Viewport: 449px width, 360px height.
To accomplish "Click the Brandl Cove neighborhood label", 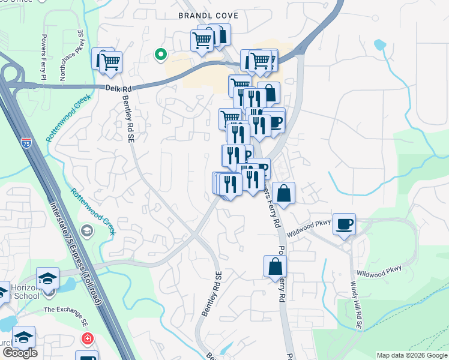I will pyautogui.click(x=208, y=16).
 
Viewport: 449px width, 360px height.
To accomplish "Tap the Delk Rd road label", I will pyautogui.click(x=118, y=88).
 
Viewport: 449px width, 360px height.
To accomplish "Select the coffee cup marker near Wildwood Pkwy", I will pyautogui.click(x=344, y=224).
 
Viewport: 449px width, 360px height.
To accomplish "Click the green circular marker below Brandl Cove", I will pyautogui.click(x=160, y=55).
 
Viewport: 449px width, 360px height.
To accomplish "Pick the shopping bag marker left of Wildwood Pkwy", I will pyautogui.click(x=283, y=193).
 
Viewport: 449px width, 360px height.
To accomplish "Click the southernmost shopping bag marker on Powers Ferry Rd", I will pyautogui.click(x=274, y=266).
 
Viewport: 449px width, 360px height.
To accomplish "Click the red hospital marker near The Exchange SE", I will pyautogui.click(x=88, y=339).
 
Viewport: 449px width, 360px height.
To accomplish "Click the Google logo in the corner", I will pyautogui.click(x=19, y=352).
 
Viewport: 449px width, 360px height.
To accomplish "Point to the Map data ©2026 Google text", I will pyautogui.click(x=412, y=355).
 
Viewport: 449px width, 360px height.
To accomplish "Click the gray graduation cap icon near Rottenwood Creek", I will pyautogui.click(x=87, y=231).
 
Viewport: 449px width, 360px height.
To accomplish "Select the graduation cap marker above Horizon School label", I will pyautogui.click(x=47, y=278).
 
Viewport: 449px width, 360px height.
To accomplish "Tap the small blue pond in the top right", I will pyautogui.click(x=379, y=44).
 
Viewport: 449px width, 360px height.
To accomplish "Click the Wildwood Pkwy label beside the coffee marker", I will pyautogui.click(x=310, y=229).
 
